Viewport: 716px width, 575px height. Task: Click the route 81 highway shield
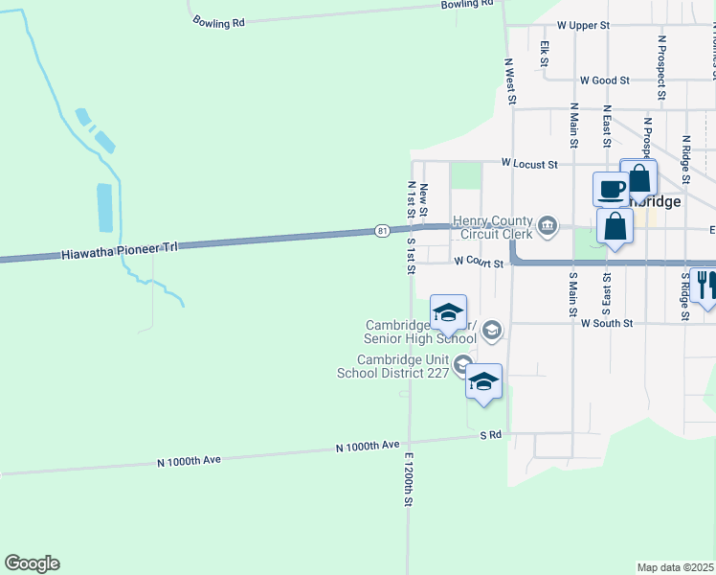pos(382,231)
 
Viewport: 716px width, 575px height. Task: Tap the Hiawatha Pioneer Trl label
pos(120,252)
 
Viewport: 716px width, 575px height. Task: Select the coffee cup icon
pos(611,189)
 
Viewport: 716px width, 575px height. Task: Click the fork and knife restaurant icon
pos(705,284)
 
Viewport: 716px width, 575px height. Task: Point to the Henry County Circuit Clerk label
pos(491,226)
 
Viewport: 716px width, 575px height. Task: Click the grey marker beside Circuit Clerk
pos(548,226)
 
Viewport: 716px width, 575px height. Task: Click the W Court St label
pos(479,261)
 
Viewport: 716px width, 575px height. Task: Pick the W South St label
pos(607,324)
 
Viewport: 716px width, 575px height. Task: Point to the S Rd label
pos(491,435)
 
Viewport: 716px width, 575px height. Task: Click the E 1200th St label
pos(409,479)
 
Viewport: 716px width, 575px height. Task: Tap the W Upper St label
pos(583,26)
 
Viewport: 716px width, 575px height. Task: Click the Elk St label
pos(544,53)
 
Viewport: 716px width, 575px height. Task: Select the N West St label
pos(510,80)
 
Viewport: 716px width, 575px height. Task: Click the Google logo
pos(32,563)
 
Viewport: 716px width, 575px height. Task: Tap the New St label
pos(423,199)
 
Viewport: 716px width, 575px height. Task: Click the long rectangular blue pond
pos(104,208)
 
